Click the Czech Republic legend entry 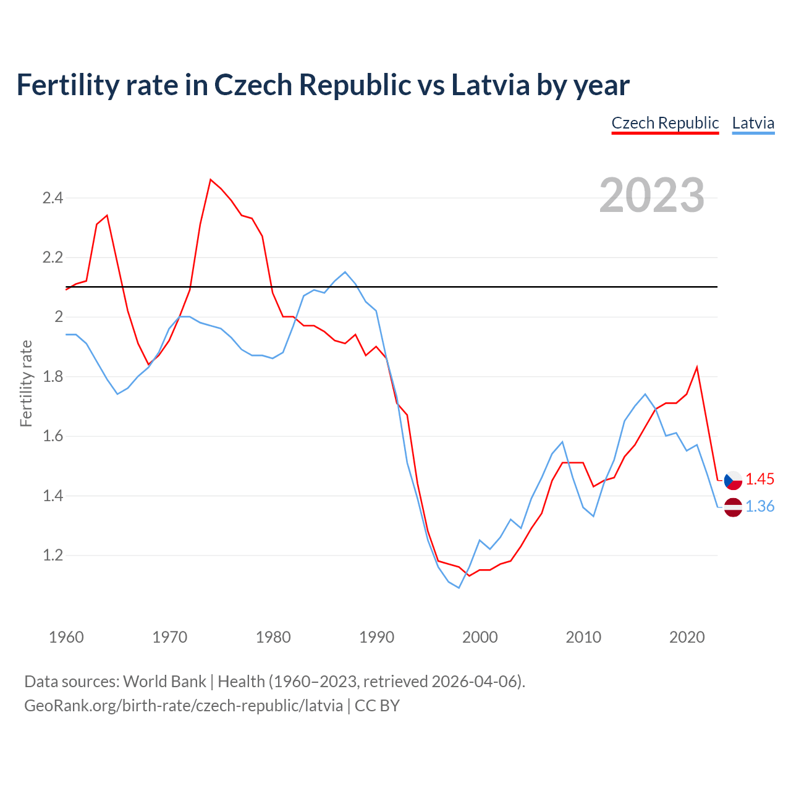(665, 123)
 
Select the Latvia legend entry (753, 123)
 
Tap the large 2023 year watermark (652, 195)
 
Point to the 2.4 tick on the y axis (53, 198)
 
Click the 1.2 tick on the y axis (53, 556)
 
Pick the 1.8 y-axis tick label (53, 377)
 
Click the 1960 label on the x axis (66, 637)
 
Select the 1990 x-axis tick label (376, 637)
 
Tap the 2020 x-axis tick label (687, 637)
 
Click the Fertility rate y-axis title (26, 383)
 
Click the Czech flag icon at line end (733, 480)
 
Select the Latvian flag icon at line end (733, 507)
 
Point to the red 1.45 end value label (759, 480)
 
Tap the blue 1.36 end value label (759, 507)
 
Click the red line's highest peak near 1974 (211, 180)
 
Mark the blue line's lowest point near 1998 (459, 588)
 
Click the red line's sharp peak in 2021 (697, 368)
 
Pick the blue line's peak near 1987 (345, 272)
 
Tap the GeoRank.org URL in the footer (184, 706)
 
